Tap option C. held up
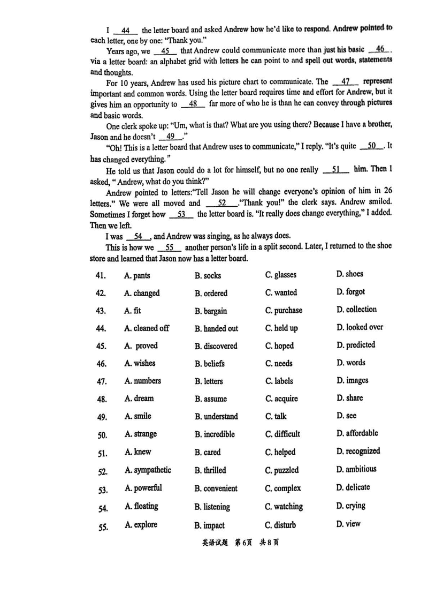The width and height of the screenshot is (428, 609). tap(281, 328)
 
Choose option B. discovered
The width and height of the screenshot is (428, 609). tap(216, 346)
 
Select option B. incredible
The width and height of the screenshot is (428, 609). tap(215, 434)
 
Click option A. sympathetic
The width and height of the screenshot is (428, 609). tap(148, 470)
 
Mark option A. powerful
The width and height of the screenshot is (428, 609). tap(143, 488)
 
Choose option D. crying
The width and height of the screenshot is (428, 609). tap(351, 506)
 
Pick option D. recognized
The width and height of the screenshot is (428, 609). tap(358, 452)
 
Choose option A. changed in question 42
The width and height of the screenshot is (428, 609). tap(141, 293)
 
